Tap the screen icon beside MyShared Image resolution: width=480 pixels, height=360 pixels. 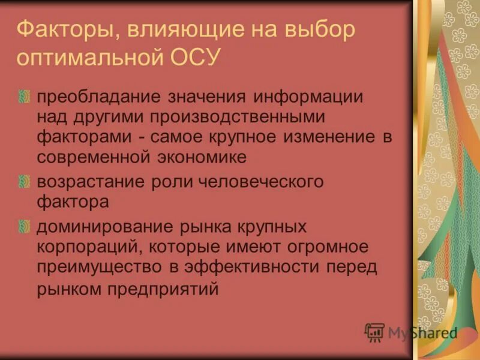(x=375, y=332)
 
